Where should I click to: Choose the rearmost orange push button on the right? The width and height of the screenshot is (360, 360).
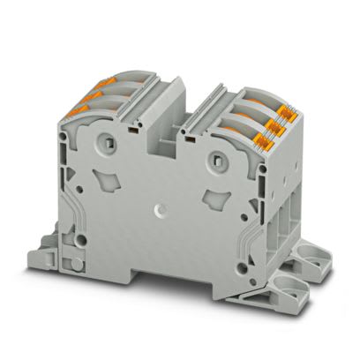pyautogui.click(x=285, y=109)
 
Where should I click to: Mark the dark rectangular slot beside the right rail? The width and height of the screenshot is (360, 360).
pyautogui.click(x=189, y=138)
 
